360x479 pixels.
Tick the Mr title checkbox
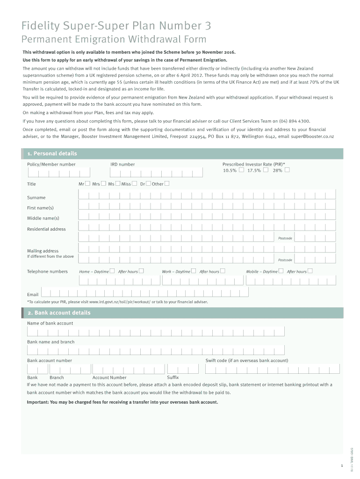(x=87, y=184)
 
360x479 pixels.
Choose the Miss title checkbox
(x=135, y=184)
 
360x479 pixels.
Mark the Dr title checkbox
(x=148, y=184)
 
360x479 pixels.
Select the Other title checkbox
(x=167, y=184)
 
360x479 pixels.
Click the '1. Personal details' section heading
(x=52, y=153)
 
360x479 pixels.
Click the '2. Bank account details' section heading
(x=58, y=313)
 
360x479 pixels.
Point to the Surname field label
(x=36, y=198)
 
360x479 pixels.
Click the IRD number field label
(x=122, y=164)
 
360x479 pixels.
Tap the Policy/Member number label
(x=51, y=164)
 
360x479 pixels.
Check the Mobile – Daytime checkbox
(x=281, y=271)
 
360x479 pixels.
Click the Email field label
(x=33, y=294)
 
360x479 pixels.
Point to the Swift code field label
(x=246, y=361)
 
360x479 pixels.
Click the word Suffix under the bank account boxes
(x=173, y=377)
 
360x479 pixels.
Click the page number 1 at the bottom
(x=342, y=466)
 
